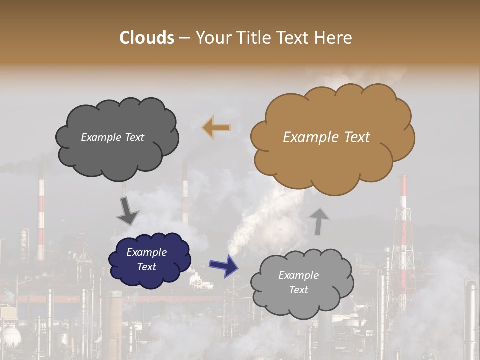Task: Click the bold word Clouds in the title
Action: tap(147, 38)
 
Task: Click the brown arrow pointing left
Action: tap(216, 128)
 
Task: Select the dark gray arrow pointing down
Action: tap(127, 211)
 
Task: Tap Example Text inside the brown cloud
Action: tap(326, 137)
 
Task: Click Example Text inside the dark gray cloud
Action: tap(112, 137)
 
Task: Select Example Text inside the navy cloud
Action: tap(147, 259)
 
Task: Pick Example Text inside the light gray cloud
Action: tap(298, 282)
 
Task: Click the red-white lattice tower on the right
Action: tap(403, 235)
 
